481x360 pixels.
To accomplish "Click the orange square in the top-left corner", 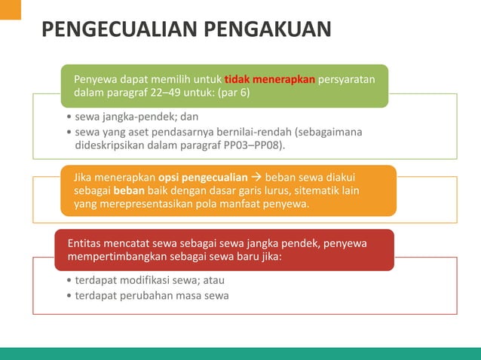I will click(11, 10).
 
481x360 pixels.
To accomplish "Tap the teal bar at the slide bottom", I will click(240, 353).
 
